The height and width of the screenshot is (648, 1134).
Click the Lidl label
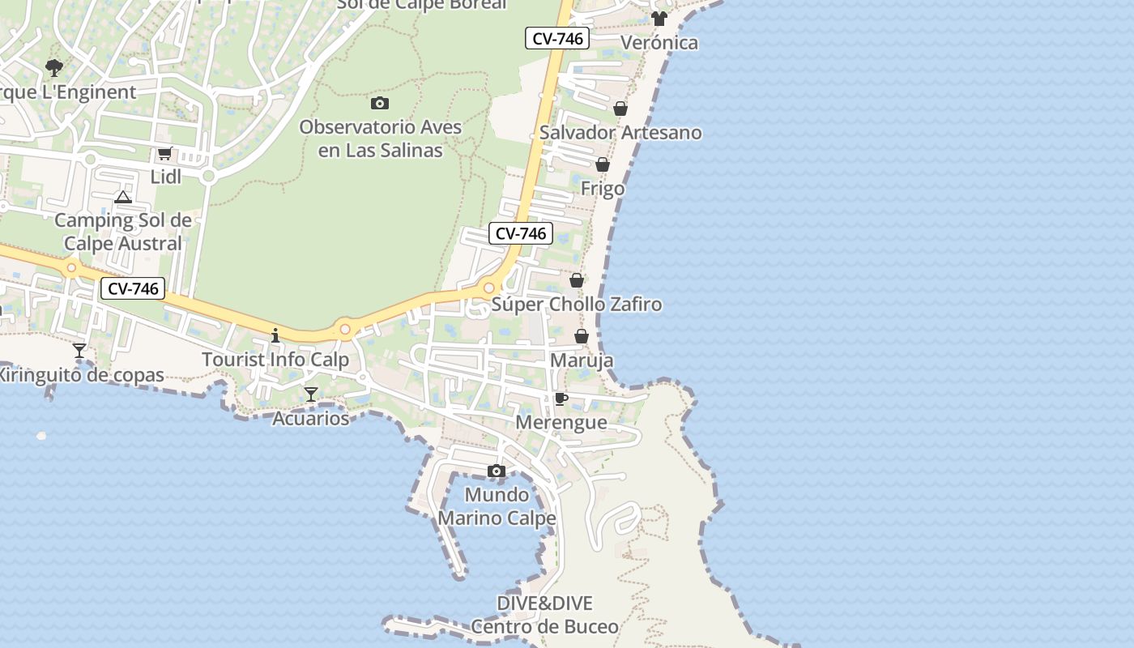point(165,177)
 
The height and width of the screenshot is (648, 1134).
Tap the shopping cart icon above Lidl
point(164,153)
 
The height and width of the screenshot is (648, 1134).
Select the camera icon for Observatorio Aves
point(380,103)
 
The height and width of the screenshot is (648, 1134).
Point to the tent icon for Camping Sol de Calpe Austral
point(122,197)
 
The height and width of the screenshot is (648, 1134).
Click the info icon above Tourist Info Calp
point(275,335)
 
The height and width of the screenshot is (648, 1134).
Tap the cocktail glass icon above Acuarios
point(311,394)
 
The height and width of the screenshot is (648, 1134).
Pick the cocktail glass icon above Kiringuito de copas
point(79,351)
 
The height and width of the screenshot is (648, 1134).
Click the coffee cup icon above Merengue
point(561,399)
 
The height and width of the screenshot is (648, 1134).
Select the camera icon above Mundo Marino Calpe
point(497,471)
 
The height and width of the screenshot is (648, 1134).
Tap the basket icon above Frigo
point(603,165)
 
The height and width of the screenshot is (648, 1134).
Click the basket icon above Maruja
point(582,336)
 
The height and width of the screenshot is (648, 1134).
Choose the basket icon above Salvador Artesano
point(620,109)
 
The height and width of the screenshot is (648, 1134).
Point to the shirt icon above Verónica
point(659,19)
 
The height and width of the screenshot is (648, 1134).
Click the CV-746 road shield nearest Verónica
point(556,38)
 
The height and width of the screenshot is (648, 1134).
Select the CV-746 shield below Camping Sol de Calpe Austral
point(133,288)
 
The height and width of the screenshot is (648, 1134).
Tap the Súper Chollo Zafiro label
point(577,305)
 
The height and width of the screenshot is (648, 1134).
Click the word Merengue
point(561,422)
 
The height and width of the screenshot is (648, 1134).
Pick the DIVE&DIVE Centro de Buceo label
point(544,615)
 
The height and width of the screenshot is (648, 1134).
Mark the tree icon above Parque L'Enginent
point(54,68)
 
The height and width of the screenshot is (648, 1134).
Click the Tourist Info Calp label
point(275,360)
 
